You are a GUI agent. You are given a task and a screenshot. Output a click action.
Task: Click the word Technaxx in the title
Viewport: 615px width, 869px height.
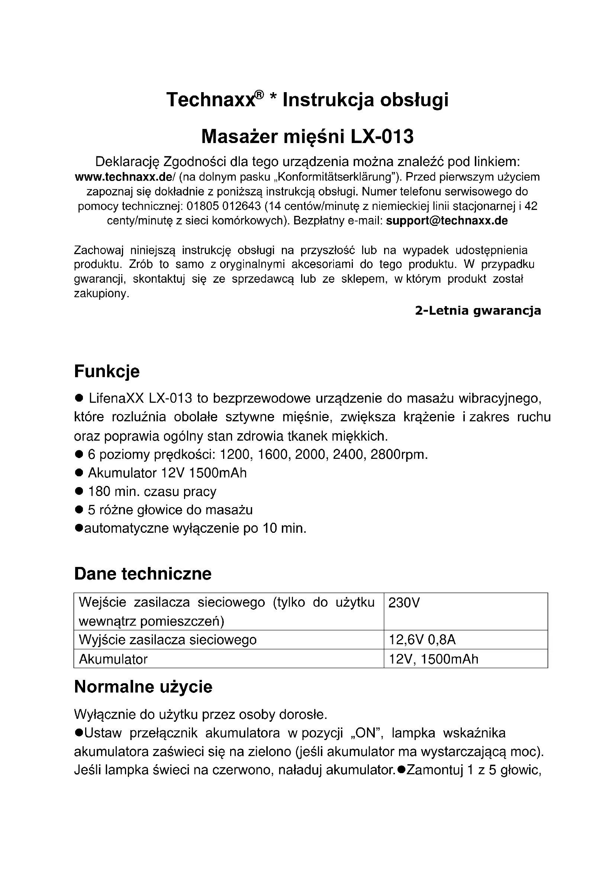coord(210,100)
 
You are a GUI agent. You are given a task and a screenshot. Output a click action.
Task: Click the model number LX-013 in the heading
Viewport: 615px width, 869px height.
coord(382,137)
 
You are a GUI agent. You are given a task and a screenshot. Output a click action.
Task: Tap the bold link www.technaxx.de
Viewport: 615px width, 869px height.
coord(123,177)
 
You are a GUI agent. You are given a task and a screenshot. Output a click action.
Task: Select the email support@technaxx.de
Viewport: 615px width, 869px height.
coord(447,221)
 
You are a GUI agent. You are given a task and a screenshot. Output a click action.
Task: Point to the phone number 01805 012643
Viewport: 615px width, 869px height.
coord(224,206)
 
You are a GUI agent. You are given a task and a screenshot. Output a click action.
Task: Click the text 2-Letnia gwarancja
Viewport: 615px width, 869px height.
coord(478,311)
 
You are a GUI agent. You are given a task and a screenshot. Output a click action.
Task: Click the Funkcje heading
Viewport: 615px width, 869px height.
coord(107,371)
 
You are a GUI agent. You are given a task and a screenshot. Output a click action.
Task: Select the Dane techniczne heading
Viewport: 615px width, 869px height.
coord(143,573)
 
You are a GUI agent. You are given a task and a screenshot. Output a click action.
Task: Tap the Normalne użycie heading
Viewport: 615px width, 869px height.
coord(143,686)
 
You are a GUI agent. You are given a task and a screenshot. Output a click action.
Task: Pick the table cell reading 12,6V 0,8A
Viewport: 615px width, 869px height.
coord(422,640)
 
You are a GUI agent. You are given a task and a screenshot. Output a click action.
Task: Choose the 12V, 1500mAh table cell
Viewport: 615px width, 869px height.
coord(434,659)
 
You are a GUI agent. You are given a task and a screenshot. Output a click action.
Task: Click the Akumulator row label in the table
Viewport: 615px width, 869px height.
coord(113,659)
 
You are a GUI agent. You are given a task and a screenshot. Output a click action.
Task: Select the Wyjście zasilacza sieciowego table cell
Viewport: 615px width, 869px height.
coord(167,640)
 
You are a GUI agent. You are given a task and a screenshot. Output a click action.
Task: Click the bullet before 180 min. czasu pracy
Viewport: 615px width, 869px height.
coord(79,491)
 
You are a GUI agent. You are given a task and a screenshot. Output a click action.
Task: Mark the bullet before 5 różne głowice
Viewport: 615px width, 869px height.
coord(79,510)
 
